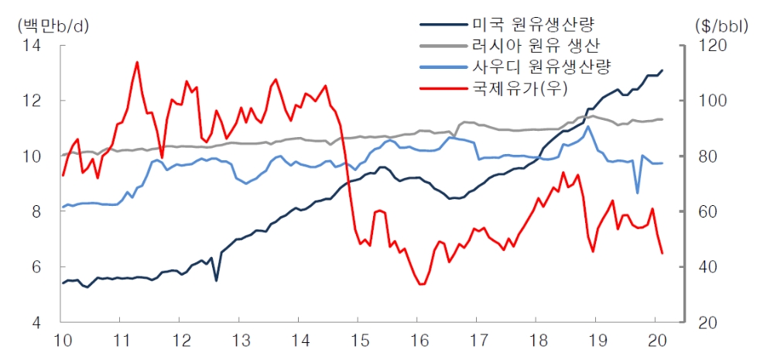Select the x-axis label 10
(x=62, y=341)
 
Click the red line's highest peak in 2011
(x=137, y=62)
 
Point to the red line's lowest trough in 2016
(x=421, y=284)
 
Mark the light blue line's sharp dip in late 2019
(x=637, y=193)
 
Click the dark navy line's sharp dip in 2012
(x=216, y=280)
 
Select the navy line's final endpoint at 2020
(x=662, y=70)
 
